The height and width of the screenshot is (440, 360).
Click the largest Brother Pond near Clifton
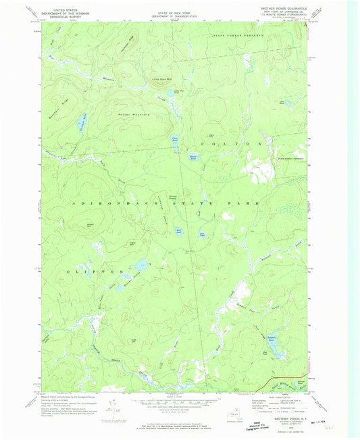140,265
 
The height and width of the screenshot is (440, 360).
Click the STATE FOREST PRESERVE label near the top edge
237,34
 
